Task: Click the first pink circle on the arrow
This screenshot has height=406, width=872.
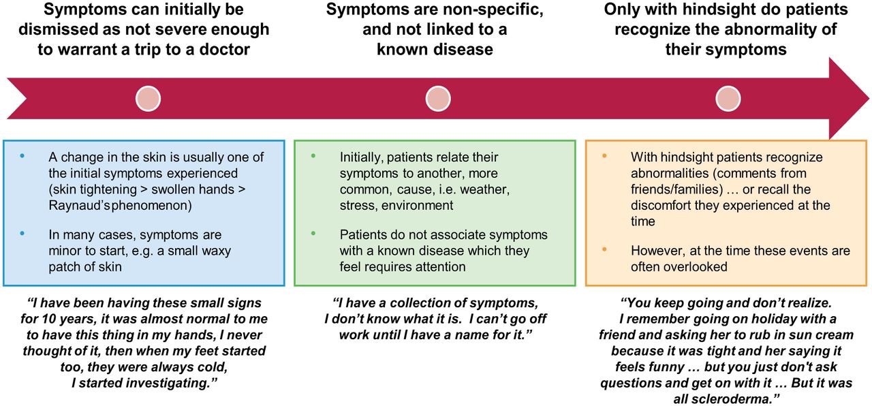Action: pyautogui.click(x=148, y=99)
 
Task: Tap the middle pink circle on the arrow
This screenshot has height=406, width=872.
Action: pyautogui.click(x=438, y=99)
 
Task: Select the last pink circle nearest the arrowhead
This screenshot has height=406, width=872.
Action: pyautogui.click(x=728, y=99)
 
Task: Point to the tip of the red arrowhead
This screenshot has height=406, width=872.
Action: pyautogui.click(x=869, y=98)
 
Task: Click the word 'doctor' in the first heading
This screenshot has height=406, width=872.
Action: pyautogui.click(x=224, y=50)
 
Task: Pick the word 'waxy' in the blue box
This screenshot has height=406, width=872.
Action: pyautogui.click(x=213, y=251)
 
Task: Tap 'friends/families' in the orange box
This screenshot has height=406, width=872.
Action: pyautogui.click(x=677, y=189)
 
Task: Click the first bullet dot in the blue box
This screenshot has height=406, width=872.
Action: pyautogui.click(x=22, y=156)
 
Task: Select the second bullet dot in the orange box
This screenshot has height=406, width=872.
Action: pyautogui.click(x=604, y=249)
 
